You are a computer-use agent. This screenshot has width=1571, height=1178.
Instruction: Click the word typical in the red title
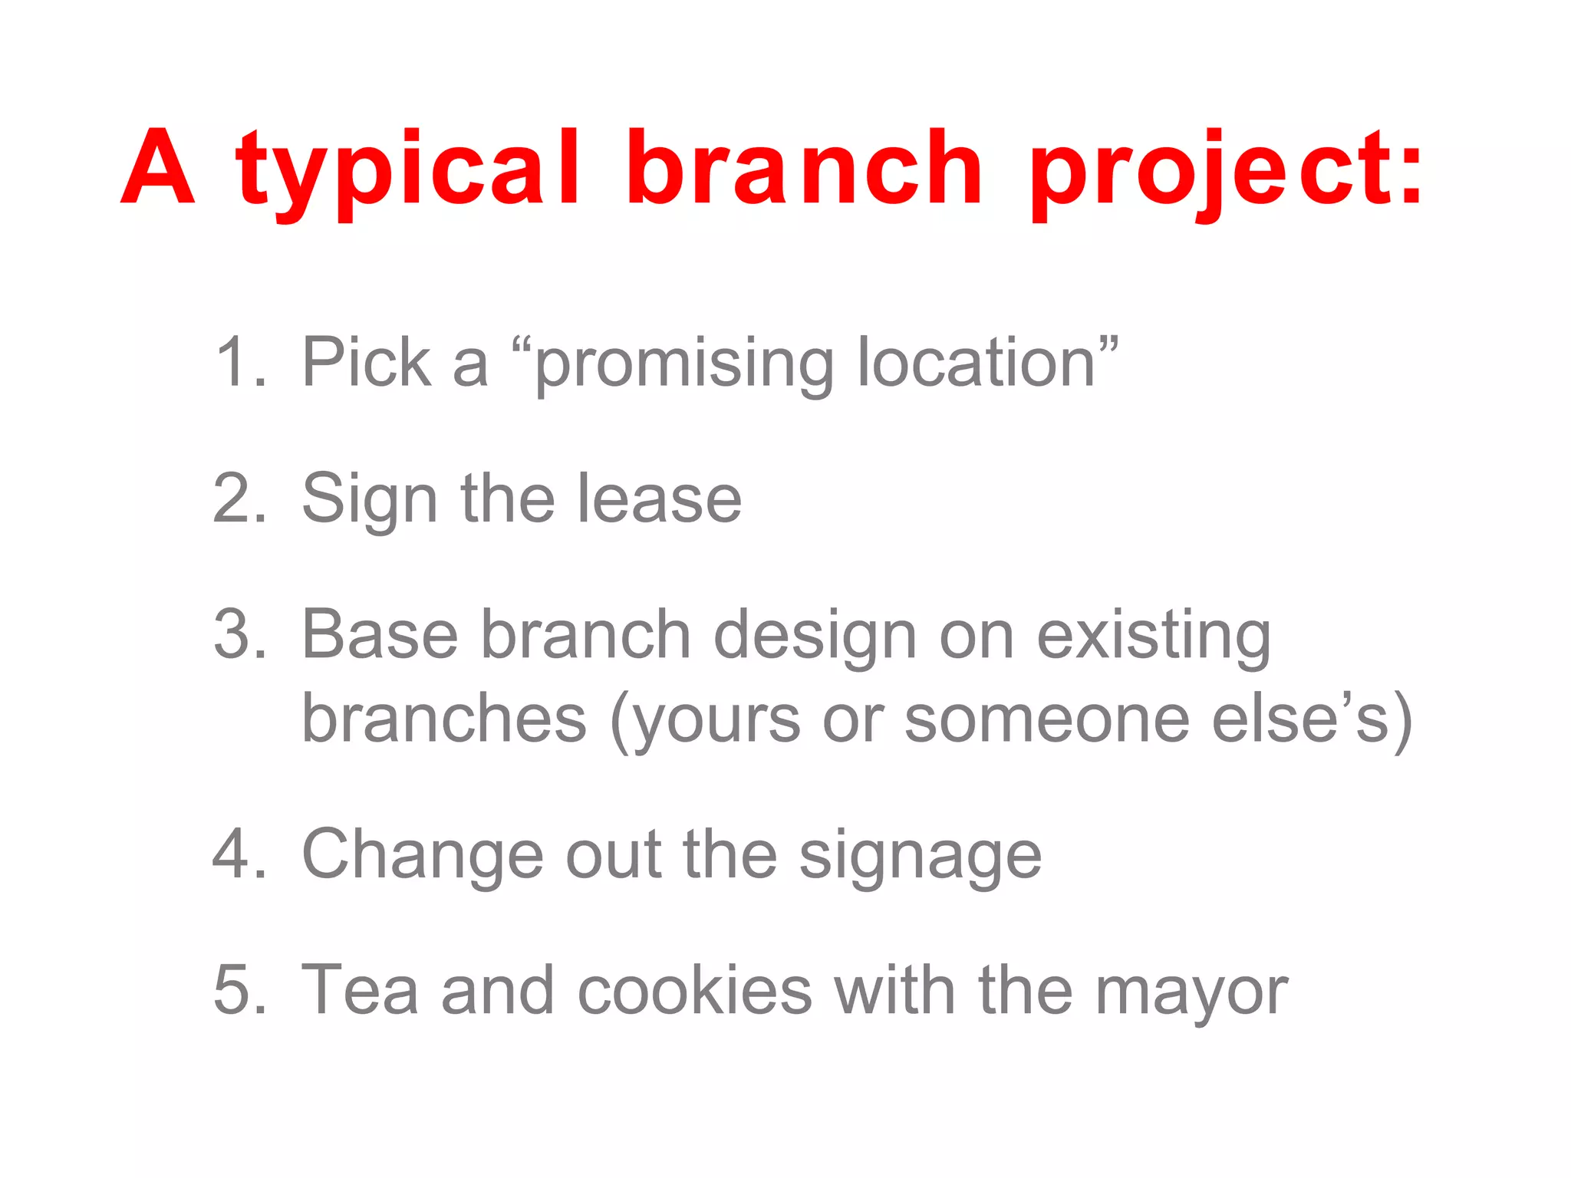coord(408,173)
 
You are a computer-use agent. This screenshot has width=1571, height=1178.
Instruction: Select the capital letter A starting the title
coord(157,169)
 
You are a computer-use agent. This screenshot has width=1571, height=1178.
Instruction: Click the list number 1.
coord(239,362)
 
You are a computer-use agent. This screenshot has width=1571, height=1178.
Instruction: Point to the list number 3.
coord(239,634)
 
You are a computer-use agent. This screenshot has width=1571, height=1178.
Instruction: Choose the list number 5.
coord(239,990)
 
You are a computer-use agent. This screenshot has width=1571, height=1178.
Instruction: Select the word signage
coord(920,857)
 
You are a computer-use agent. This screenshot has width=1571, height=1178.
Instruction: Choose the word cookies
coord(693,990)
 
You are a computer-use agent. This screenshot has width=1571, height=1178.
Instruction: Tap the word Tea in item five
coord(360,990)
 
